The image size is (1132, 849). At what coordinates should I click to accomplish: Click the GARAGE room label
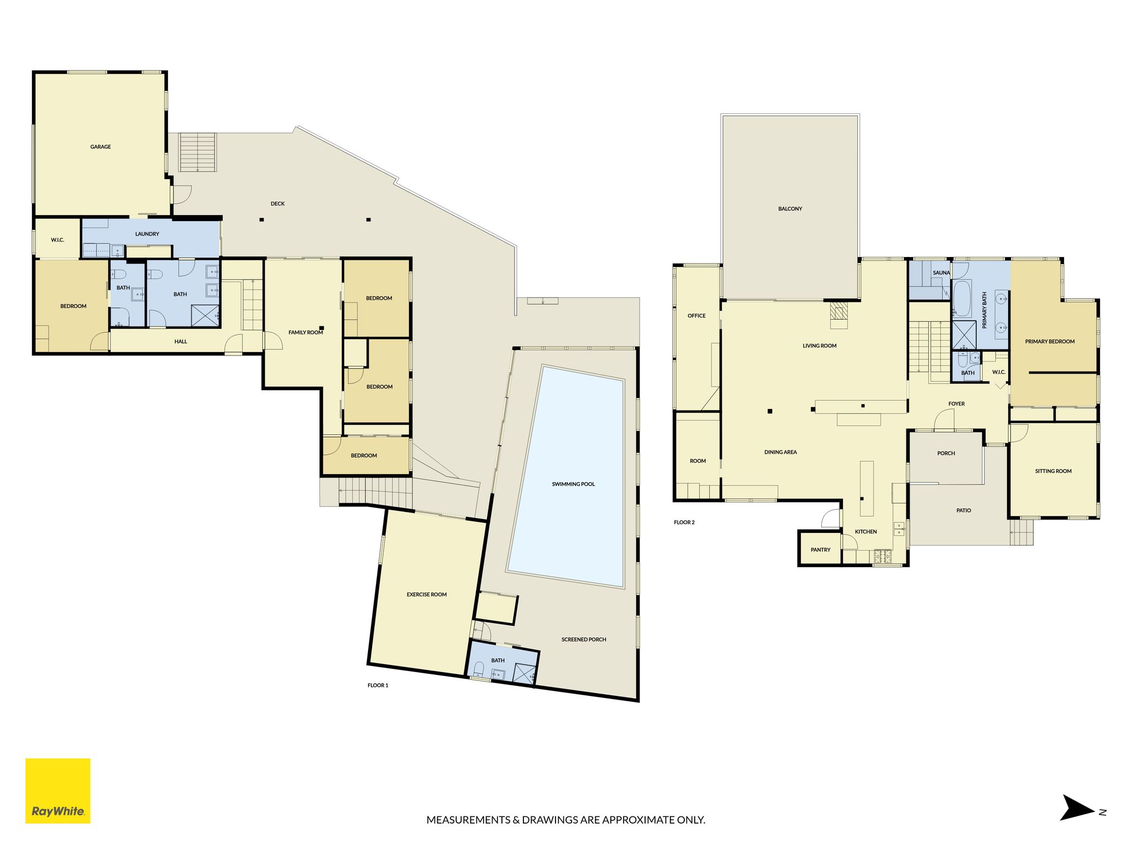coord(101,147)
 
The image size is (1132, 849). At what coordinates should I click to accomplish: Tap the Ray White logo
coord(58,791)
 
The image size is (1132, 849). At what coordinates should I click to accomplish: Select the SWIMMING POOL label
coord(573,484)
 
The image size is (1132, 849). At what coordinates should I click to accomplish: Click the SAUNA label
coord(941,273)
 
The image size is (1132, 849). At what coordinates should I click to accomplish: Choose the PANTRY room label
coord(820,550)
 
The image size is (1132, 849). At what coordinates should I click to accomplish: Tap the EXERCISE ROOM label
coord(427,595)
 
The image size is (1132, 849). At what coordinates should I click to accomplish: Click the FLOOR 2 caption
coord(684,522)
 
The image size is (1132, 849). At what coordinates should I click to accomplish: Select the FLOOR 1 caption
coord(378,685)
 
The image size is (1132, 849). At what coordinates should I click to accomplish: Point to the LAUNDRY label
coord(147,234)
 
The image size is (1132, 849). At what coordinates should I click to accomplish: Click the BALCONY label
coord(790,209)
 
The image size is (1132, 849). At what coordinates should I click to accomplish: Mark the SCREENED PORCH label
coord(584,640)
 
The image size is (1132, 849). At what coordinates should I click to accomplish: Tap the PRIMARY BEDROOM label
coord(1050,342)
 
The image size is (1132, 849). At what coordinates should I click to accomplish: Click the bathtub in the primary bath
coord(962,298)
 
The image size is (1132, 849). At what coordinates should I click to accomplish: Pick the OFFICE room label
coord(696,316)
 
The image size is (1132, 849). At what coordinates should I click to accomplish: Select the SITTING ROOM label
coord(1053,471)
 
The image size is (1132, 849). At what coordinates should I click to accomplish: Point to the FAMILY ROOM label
coord(306,333)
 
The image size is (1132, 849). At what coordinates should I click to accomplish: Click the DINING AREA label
coord(780,452)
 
